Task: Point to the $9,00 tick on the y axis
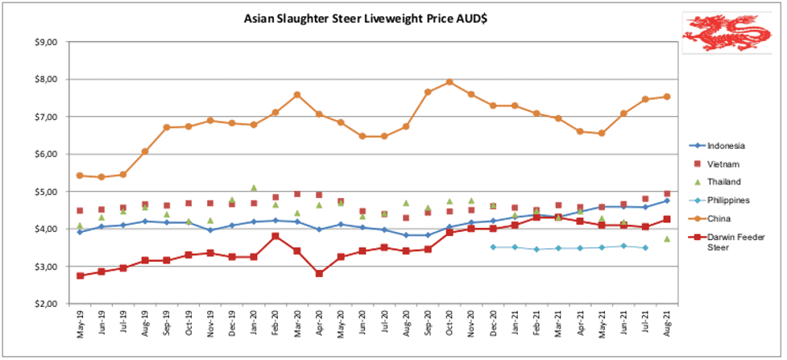point(49,42)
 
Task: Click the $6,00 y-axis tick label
point(49,154)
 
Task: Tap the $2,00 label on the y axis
point(49,304)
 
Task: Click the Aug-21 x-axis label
point(667,322)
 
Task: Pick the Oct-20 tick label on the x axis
point(449,322)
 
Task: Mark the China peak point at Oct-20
point(449,82)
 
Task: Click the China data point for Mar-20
point(297,94)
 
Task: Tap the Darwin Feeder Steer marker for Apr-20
point(319,274)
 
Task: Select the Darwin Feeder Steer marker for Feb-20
point(275,236)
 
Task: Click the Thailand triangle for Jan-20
point(254,188)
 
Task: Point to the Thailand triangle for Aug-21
point(667,239)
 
